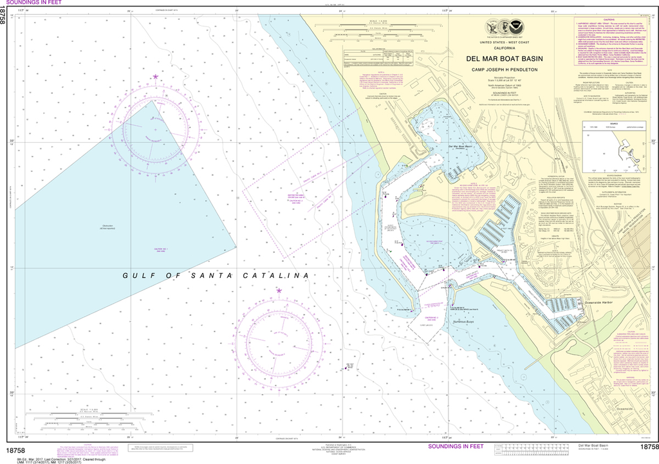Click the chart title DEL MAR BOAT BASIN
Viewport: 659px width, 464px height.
[x=505, y=59]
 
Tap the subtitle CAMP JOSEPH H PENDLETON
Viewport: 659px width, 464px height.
[x=505, y=70]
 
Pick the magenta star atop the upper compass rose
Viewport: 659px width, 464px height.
[x=155, y=77]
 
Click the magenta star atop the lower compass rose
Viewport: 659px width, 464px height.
[x=279, y=290]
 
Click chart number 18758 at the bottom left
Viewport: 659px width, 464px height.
[x=16, y=447]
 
